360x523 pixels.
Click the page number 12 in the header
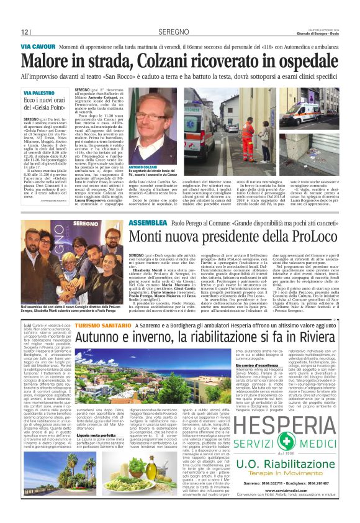25,32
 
